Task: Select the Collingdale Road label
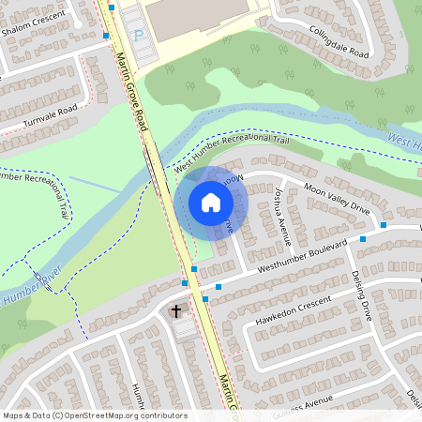339,40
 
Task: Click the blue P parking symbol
140,36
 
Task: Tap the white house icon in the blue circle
211,203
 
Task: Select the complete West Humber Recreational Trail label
230,153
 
